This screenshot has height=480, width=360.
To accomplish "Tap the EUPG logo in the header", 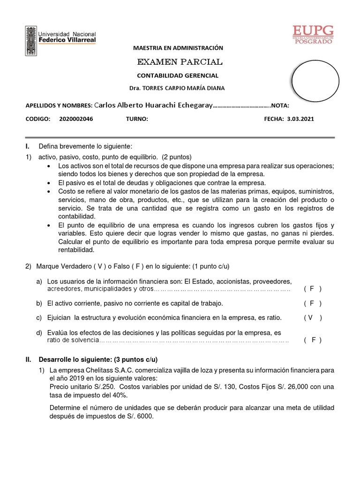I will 313,34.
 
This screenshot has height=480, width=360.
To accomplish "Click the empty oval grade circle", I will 315,80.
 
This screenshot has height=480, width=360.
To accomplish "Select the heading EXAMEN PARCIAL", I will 180,62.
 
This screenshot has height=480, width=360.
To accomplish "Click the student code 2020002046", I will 76,119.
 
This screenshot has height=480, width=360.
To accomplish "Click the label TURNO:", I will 137,119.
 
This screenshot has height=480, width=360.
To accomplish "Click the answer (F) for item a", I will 313,289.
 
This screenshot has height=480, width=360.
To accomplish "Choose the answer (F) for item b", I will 313,303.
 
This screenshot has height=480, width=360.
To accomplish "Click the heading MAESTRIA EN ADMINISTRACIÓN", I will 178,48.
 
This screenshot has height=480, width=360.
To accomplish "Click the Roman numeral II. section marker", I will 28,360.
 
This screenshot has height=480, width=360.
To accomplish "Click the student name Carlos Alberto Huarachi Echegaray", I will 154,105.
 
